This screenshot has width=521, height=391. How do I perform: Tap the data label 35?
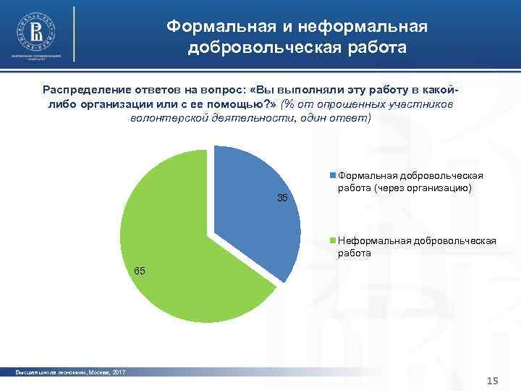283,198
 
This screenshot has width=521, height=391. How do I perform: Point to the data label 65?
140,271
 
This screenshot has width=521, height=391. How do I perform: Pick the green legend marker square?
333,240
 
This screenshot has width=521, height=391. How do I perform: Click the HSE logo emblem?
35,30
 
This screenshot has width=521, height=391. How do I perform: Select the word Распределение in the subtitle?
86,89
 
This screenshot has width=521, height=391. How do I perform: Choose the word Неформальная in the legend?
373,240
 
